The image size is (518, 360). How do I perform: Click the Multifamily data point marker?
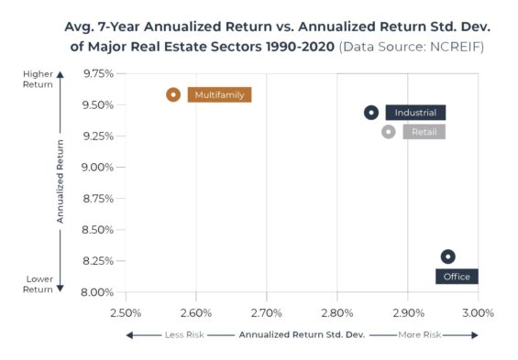[x=173, y=94]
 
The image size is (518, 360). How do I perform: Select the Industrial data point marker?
[x=371, y=113]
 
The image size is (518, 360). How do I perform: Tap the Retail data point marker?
[x=389, y=132]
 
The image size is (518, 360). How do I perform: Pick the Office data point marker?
[x=447, y=257]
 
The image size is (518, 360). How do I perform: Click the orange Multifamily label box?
[x=219, y=94]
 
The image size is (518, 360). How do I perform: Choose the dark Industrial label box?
[x=415, y=113]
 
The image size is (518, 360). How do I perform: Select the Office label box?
[x=456, y=276]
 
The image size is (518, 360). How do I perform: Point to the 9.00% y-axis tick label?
[x=98, y=168]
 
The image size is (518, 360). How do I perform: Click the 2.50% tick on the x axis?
[x=125, y=312]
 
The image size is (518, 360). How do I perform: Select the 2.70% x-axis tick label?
[x=266, y=312]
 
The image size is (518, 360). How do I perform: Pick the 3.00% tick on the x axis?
[x=478, y=312]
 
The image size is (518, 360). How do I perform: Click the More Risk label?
[x=419, y=335]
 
